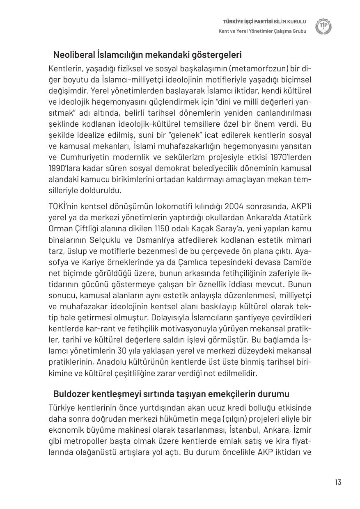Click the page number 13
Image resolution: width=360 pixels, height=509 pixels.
[x=338, y=482]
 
